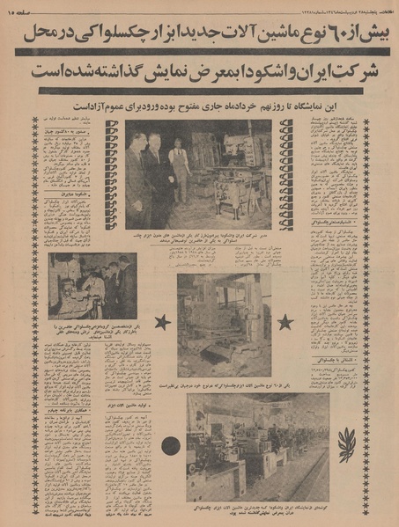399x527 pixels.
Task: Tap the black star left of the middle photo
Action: point(162,322)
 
